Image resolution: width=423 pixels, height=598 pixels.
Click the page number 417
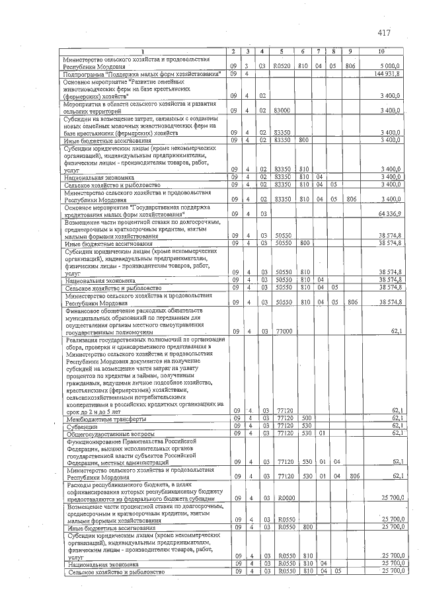pyautogui.click(x=385, y=32)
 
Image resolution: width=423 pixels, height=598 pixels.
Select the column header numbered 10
pyautogui.click(x=381, y=52)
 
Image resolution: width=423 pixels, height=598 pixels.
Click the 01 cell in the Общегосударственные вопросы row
pyautogui.click(x=323, y=434)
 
